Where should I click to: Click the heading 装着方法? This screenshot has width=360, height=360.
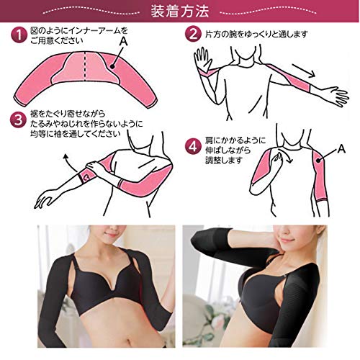(x=180, y=12)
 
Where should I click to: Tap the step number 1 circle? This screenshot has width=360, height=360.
(x=19, y=35)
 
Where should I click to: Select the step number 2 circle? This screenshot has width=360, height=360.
(x=193, y=35)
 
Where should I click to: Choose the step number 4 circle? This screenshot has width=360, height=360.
(x=193, y=147)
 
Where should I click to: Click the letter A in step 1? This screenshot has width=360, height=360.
(x=124, y=42)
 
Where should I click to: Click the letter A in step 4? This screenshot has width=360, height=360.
(x=341, y=149)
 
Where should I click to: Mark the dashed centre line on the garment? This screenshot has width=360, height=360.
(x=85, y=66)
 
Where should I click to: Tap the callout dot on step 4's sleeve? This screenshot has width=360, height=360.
(x=318, y=161)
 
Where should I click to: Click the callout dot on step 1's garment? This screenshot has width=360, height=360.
(x=112, y=67)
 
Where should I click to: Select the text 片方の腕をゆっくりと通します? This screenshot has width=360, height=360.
(x=256, y=35)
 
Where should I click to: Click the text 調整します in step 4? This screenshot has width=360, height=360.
(x=223, y=160)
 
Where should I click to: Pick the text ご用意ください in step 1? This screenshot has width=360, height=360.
(x=57, y=40)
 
